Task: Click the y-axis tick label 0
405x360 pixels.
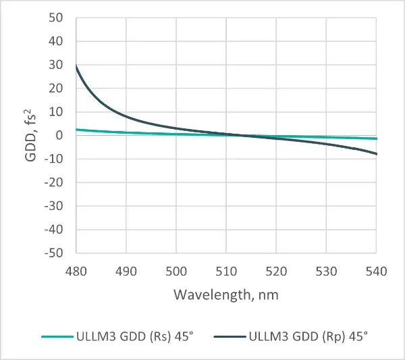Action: (x=59, y=135)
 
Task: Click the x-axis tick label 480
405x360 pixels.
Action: (x=76, y=272)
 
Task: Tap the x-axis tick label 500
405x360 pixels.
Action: (x=176, y=272)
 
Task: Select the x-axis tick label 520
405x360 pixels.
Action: (x=276, y=272)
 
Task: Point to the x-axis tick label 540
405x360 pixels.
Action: (x=375, y=272)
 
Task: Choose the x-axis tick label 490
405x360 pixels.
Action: (x=126, y=272)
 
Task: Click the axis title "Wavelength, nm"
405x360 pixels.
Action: (x=226, y=295)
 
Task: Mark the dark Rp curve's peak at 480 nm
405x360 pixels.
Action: (x=76, y=66)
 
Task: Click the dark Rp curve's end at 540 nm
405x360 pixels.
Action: (x=375, y=154)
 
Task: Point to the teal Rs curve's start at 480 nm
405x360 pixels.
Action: (x=76, y=129)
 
